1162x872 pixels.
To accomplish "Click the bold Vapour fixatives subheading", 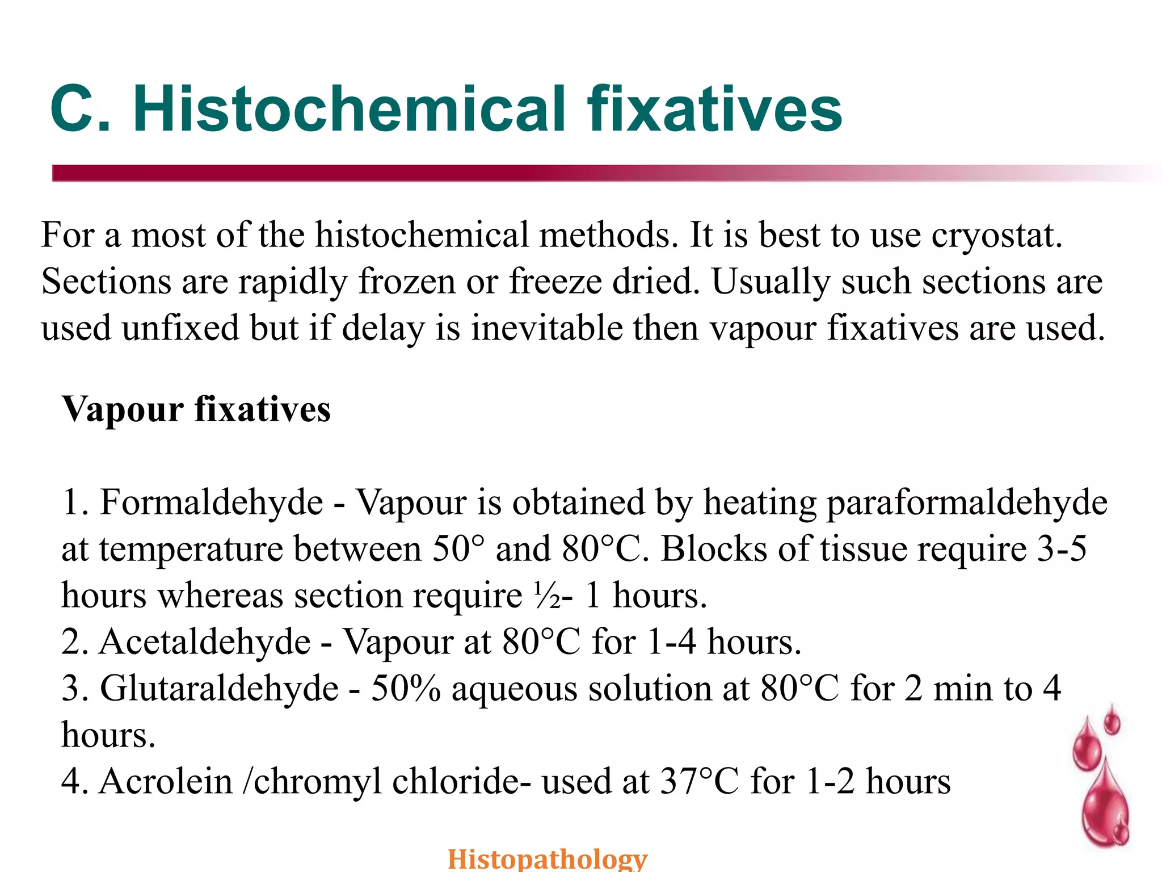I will click(196, 409).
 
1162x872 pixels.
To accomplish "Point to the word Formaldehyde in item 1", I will click(211, 503).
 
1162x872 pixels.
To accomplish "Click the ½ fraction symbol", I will click(546, 596).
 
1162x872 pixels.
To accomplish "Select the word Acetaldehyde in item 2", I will click(205, 643).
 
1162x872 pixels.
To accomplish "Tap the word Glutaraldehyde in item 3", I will click(219, 689).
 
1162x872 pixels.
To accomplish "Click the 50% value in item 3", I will click(406, 689).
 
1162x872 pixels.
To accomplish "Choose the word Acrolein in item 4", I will click(166, 782).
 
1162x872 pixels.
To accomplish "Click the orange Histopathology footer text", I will click(547, 858).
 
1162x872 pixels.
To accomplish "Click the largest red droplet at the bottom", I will click(1104, 806).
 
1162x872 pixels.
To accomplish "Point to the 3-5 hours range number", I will click(1062, 550).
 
